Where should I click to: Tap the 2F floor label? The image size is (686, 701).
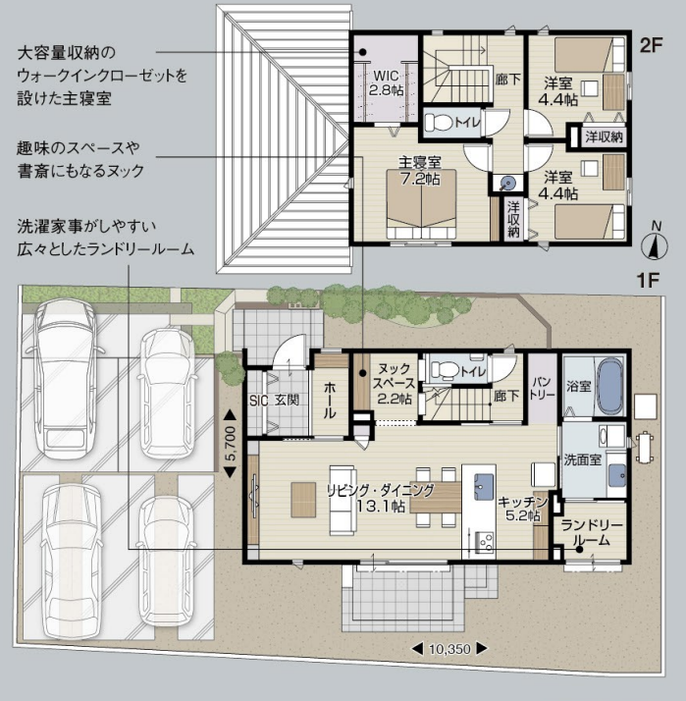coord(651,45)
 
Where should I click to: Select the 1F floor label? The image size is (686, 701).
coord(648,281)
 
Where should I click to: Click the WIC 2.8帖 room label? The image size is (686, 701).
coord(386,82)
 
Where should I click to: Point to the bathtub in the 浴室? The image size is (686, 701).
coord(610,387)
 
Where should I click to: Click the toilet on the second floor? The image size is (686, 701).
coord(439,122)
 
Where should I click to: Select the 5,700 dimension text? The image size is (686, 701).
coord(230,444)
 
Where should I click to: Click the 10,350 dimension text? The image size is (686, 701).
coord(450,649)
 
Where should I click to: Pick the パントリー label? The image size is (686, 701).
coord(542,388)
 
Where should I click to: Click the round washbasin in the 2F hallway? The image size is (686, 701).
coord(507,184)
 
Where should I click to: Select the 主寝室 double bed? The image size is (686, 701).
coord(421,204)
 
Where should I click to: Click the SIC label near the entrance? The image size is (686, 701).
coord(258,401)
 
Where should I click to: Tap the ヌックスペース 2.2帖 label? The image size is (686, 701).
coord(394,384)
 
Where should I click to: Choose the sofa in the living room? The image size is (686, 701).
coord(343,500)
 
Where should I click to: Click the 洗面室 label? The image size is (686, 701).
coord(582,459)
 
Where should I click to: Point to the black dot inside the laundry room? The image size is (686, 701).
coord(579,550)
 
